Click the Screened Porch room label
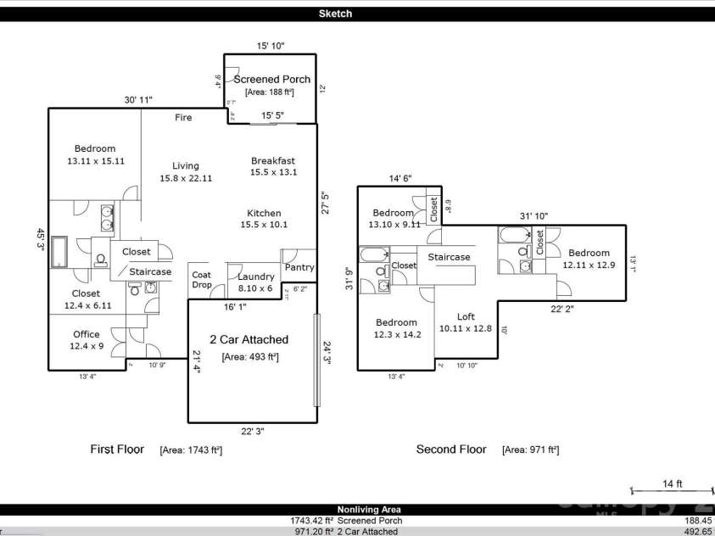click(x=271, y=79)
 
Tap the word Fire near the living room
click(x=183, y=117)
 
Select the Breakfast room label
click(x=273, y=160)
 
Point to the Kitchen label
click(x=264, y=213)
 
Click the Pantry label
click(x=299, y=267)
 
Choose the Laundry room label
click(x=255, y=276)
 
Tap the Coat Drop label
click(x=201, y=280)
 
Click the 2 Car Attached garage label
click(x=249, y=339)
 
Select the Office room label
click(x=87, y=334)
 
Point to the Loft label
click(x=466, y=316)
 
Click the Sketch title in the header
click(x=335, y=14)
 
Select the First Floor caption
click(x=117, y=449)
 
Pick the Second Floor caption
click(x=451, y=449)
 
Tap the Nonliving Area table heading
click(x=357, y=510)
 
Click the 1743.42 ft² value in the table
click(x=312, y=521)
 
